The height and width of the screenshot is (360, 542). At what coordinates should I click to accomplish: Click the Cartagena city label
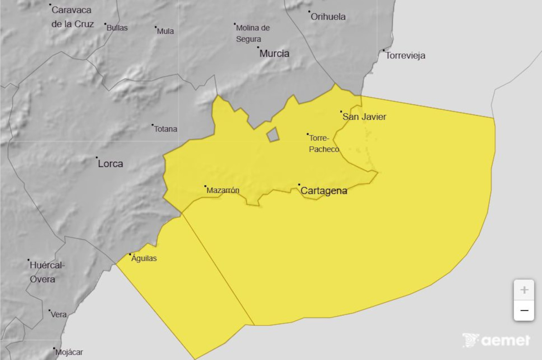[x=324, y=191]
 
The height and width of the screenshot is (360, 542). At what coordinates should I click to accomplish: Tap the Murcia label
[x=274, y=54]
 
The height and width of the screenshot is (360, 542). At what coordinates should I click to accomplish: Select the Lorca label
[x=110, y=164]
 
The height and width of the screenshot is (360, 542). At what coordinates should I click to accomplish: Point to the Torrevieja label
[x=405, y=56]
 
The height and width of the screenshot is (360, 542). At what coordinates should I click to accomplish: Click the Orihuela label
[x=328, y=17]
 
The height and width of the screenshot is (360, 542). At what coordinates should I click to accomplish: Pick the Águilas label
[x=144, y=259]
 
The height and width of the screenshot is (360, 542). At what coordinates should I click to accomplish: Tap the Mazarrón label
[x=223, y=191]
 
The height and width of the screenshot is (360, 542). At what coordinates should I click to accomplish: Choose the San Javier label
[x=364, y=117]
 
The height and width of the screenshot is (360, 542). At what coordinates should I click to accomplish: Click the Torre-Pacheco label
[x=324, y=144]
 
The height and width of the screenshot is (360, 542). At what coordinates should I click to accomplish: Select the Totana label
[x=165, y=129]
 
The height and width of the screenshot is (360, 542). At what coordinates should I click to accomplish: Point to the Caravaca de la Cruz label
[x=72, y=17]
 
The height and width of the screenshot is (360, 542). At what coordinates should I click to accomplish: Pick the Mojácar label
[x=69, y=352]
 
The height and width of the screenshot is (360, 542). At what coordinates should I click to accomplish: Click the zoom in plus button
[x=524, y=290]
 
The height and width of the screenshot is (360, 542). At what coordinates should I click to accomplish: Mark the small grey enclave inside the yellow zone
[x=272, y=135]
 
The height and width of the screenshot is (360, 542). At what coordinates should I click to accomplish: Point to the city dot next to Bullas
[x=105, y=24]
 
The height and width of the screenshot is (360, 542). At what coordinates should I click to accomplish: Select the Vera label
[x=59, y=315]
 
